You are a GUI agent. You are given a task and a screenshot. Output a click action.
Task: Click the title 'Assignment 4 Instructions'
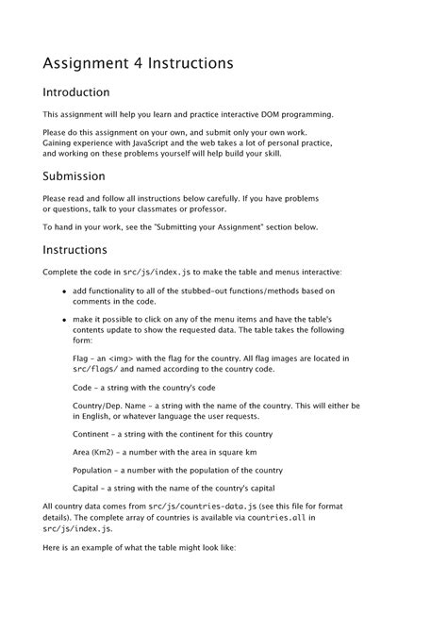tap(138, 63)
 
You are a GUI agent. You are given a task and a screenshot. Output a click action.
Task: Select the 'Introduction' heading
tap(76, 92)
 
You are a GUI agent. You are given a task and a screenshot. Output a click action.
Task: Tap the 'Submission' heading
tap(74, 176)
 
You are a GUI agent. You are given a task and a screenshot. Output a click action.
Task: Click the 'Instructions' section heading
tap(74, 250)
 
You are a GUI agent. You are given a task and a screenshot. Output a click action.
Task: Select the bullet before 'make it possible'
tap(64, 322)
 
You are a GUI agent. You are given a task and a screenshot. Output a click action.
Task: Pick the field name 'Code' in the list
tap(83, 388)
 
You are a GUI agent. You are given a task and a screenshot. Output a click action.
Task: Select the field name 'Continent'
tap(92, 434)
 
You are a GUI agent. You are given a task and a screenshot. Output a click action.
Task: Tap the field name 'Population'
tap(94, 470)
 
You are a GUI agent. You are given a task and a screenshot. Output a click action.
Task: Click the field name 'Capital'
tap(87, 488)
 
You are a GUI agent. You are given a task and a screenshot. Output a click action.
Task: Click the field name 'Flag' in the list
tap(81, 358)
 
